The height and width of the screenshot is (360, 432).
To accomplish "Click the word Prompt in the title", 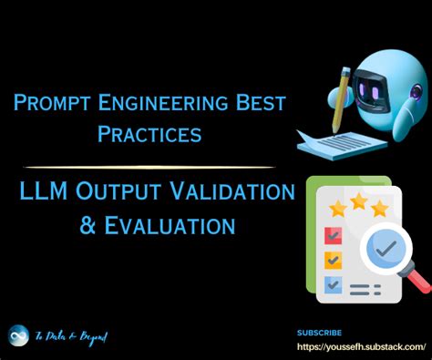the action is [x=52, y=102].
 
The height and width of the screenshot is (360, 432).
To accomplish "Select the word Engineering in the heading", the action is [x=163, y=102].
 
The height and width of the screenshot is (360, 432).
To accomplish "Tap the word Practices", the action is [x=149, y=134].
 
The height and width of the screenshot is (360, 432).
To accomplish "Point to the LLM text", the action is [x=44, y=190].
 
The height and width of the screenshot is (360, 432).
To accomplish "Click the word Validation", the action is [x=231, y=190].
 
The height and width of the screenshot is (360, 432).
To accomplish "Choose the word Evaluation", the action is [x=170, y=225].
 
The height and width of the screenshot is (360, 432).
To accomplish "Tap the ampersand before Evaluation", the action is [x=88, y=225].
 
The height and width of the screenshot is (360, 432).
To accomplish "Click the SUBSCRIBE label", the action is [x=319, y=333].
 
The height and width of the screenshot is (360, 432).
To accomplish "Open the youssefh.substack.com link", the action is [x=362, y=346].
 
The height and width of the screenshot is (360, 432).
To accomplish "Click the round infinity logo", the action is [x=18, y=335].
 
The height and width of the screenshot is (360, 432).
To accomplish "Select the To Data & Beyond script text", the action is [x=71, y=336].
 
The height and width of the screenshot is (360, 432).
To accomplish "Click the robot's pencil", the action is [x=341, y=99].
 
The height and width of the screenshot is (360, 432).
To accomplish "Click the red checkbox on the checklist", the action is [x=333, y=235].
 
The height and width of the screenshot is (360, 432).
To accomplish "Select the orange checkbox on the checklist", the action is [x=333, y=260].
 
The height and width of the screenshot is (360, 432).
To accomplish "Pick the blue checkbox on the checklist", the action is [x=333, y=284].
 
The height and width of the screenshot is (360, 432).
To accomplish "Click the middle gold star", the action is [x=359, y=201].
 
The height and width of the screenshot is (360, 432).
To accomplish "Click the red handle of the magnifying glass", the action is [x=419, y=281].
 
